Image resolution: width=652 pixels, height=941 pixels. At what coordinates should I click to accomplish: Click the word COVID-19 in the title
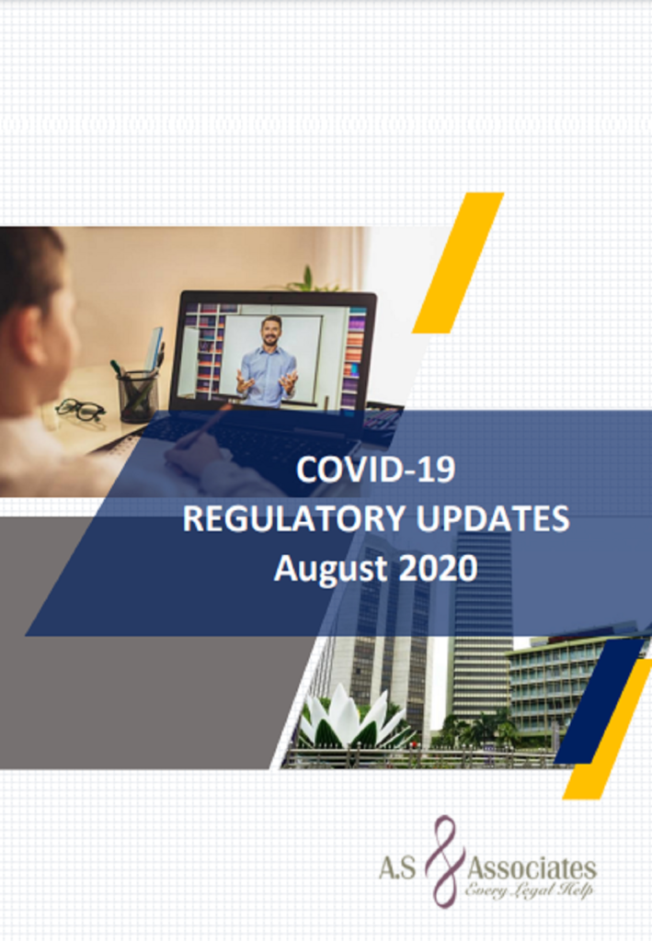(x=376, y=470)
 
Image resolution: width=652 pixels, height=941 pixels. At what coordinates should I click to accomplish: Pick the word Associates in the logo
(x=532, y=868)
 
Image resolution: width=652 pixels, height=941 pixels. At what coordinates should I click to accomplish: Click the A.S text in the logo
(x=397, y=868)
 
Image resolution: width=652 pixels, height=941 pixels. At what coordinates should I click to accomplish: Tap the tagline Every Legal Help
(x=529, y=890)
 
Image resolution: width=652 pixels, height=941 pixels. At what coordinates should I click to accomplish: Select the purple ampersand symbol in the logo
(x=444, y=860)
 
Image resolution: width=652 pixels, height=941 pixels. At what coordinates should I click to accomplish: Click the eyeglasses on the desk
(x=80, y=410)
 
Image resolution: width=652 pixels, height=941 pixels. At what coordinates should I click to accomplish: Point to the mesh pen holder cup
(x=139, y=395)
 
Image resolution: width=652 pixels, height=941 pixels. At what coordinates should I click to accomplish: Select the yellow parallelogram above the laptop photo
(x=458, y=263)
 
